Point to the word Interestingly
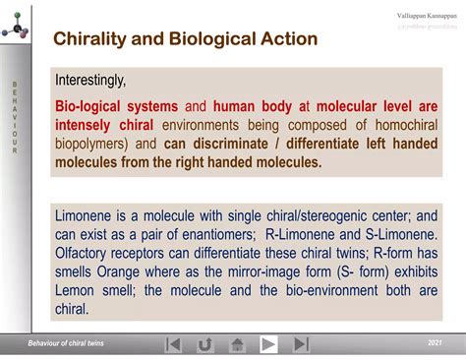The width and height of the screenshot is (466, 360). (90, 80)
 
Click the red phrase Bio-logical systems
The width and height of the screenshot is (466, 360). (116, 106)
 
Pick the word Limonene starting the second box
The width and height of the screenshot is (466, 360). (87, 215)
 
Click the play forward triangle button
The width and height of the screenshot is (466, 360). (268, 343)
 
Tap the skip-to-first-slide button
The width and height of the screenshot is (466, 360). (173, 343)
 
